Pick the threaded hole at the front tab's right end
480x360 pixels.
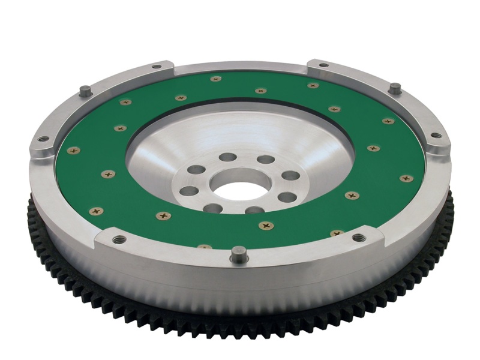359,238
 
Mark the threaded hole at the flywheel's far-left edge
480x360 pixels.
44,139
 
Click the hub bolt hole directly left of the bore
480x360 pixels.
188,191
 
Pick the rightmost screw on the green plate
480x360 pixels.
406,178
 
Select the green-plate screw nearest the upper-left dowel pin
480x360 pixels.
125,102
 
